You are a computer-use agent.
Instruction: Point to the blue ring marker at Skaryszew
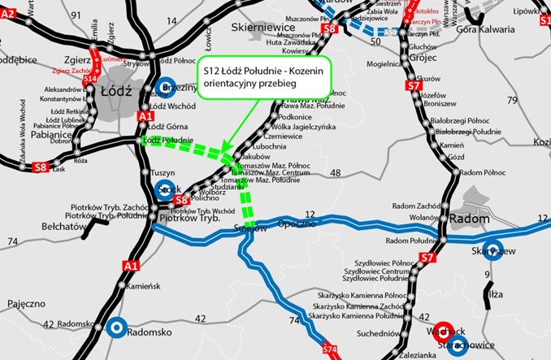[x=492, y=252]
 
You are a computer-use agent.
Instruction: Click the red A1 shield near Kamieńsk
[x=131, y=266]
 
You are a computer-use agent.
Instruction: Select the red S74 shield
[x=329, y=350]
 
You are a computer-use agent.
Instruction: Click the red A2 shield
[x=8, y=14]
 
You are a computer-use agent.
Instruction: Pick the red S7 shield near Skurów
[x=415, y=84]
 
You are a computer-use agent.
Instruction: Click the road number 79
[x=511, y=100]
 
